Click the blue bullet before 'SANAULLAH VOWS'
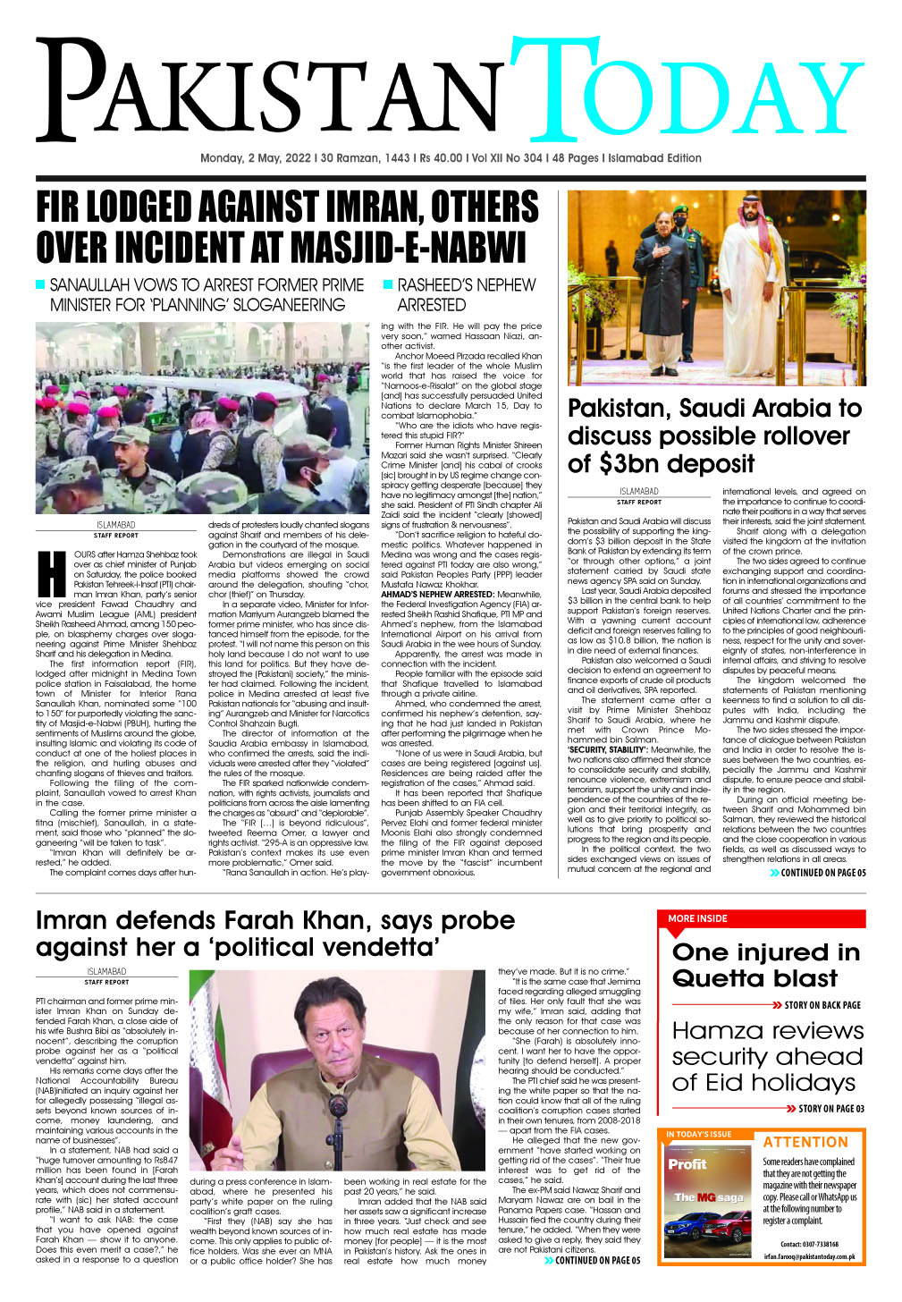click(x=39, y=284)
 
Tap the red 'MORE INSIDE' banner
click(x=698, y=918)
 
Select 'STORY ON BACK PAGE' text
click(x=822, y=1005)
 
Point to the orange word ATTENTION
click(x=805, y=1142)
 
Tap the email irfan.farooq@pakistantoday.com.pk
click(x=809, y=1256)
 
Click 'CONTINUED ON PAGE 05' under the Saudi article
click(x=822, y=873)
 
